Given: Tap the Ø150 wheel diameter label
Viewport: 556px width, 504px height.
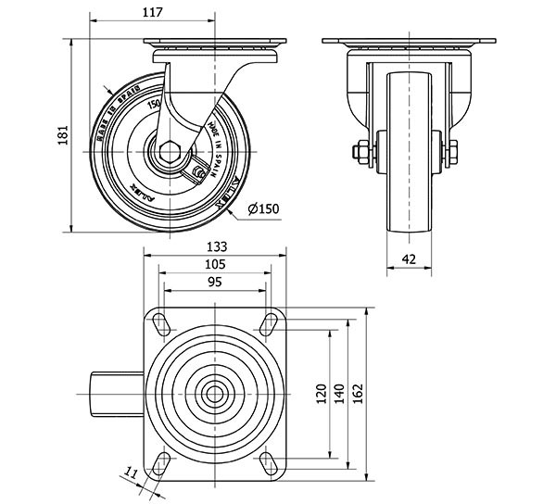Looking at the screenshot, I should pyautogui.click(x=264, y=209).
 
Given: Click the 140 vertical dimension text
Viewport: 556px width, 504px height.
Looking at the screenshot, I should pyautogui.click(x=340, y=395).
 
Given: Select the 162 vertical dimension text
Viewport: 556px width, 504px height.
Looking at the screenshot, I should pyautogui.click(x=359, y=395).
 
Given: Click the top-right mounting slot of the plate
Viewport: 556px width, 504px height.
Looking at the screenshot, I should pyautogui.click(x=270, y=323).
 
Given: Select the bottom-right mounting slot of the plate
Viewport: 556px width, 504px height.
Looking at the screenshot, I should pyautogui.click(x=270, y=460).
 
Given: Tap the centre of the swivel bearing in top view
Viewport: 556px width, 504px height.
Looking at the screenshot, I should pyautogui.click(x=215, y=393).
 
